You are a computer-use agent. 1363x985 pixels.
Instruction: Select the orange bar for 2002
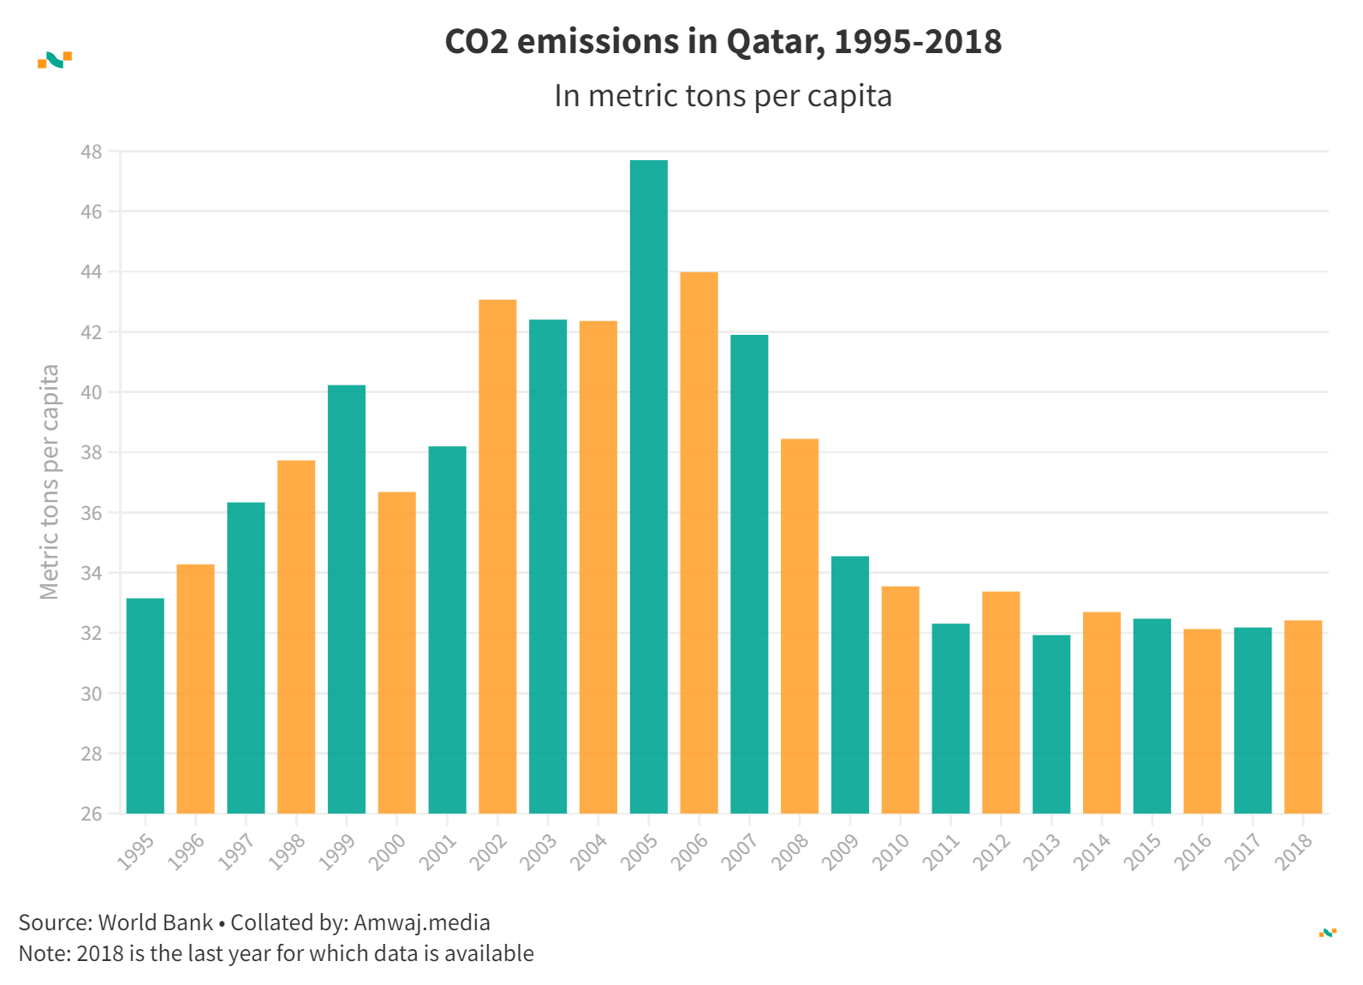click(x=497, y=557)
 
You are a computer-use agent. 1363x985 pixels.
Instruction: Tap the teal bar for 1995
click(x=145, y=706)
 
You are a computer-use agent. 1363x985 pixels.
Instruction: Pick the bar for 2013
click(x=1051, y=724)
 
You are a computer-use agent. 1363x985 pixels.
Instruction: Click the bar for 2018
click(x=1303, y=717)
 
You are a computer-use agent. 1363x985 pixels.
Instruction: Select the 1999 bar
click(x=347, y=600)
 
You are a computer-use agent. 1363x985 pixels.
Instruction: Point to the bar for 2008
click(x=800, y=626)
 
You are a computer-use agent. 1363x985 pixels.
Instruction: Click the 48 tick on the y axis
click(x=92, y=152)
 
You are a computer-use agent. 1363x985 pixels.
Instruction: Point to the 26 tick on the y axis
click(x=92, y=814)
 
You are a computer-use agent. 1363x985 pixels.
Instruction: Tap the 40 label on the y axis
click(x=92, y=392)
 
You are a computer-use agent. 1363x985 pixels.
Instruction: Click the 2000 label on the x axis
click(x=387, y=852)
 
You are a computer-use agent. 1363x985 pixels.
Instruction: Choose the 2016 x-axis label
click(x=1193, y=852)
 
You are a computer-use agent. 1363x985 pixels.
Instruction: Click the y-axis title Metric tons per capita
click(x=50, y=482)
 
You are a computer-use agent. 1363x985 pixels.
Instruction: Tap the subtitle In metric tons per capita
click(x=723, y=96)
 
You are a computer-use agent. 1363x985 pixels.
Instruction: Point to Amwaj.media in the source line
click(x=422, y=922)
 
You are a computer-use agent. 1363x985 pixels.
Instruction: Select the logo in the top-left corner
click(x=55, y=60)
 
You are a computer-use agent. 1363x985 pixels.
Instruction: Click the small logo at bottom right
click(x=1328, y=933)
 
